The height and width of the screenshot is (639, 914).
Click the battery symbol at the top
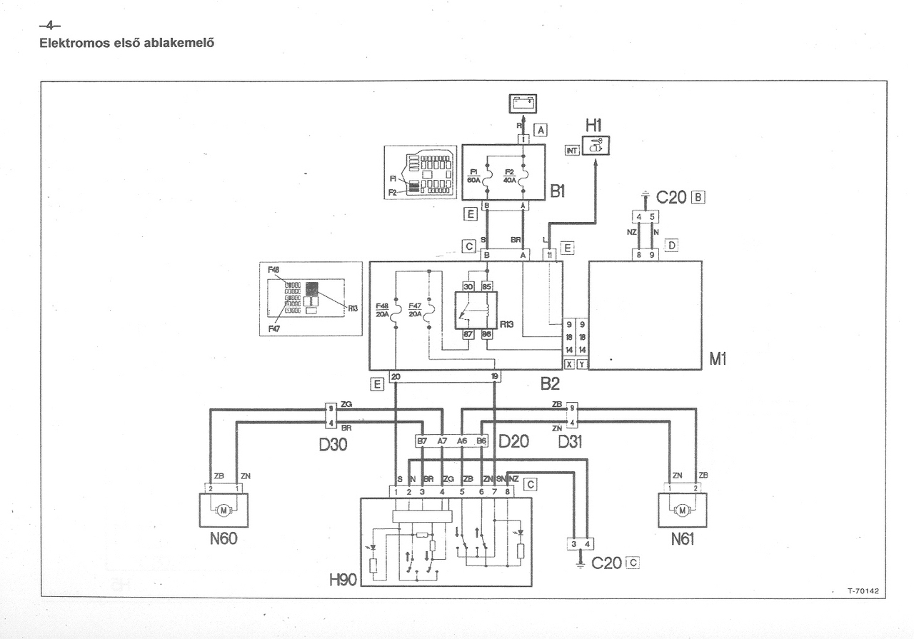(522, 104)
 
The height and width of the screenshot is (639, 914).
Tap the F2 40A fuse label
(510, 176)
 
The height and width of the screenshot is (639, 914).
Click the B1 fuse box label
(558, 192)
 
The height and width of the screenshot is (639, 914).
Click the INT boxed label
(571, 150)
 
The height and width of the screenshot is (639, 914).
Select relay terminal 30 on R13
(468, 286)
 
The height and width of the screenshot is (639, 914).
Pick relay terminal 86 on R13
(486, 334)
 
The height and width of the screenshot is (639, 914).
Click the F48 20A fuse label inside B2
(383, 310)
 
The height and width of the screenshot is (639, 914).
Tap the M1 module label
(718, 360)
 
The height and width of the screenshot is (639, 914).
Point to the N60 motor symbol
(224, 510)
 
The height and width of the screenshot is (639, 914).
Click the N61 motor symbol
(682, 510)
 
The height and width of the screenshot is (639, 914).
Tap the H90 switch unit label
(343, 580)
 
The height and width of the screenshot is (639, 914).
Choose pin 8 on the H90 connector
(508, 491)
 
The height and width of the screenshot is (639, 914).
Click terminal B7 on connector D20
(422, 441)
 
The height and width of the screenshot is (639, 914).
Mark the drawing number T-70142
(863, 591)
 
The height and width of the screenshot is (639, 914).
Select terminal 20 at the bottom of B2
(396, 376)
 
